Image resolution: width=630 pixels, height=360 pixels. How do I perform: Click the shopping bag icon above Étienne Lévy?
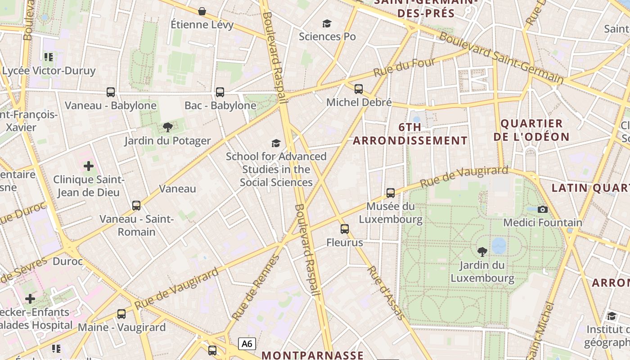(x=202, y=11)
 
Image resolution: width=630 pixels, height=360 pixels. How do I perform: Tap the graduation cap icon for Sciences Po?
(x=327, y=23)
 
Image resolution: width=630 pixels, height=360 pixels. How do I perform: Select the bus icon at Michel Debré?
(x=358, y=89)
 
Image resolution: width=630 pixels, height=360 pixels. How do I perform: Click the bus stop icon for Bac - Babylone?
(x=220, y=92)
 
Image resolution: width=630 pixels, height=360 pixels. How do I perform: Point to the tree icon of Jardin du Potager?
(x=168, y=127)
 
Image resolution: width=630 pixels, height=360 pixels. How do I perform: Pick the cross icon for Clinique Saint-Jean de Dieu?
(x=89, y=166)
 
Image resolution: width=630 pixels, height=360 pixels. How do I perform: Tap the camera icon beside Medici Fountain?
(x=543, y=209)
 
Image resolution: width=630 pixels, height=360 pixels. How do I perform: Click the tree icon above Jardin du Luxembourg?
(x=482, y=252)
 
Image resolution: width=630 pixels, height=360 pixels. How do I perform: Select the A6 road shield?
(x=247, y=344)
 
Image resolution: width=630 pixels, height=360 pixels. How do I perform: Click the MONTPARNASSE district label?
(x=312, y=355)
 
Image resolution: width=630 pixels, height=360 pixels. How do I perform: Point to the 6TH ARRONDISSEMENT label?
(x=410, y=134)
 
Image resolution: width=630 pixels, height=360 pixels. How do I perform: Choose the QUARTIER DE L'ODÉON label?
(x=531, y=130)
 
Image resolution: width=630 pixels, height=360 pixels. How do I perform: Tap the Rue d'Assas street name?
(x=386, y=293)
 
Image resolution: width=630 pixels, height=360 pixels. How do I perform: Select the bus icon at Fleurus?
(x=344, y=229)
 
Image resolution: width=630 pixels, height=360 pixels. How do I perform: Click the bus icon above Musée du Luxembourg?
(x=390, y=193)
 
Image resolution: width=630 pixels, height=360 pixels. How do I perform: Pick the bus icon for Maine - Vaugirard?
(x=121, y=314)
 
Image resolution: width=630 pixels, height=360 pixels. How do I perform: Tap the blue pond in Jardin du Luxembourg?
(x=499, y=246)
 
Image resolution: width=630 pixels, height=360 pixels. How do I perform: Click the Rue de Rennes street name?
(x=255, y=288)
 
